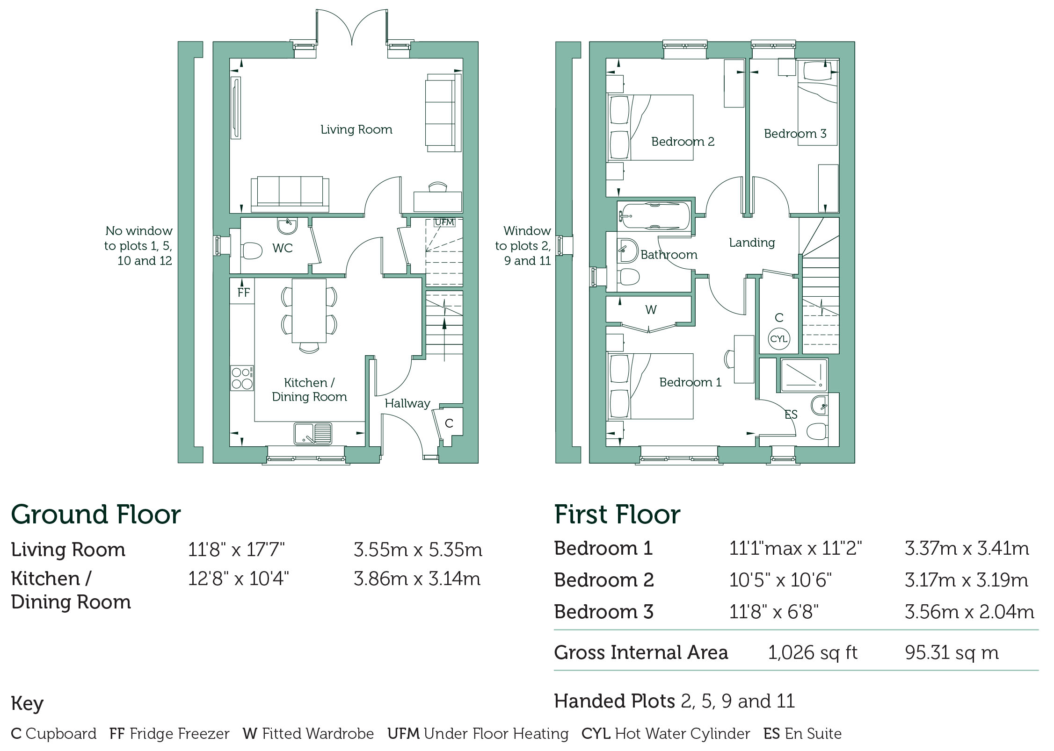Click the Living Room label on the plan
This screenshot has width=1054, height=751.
(356, 129)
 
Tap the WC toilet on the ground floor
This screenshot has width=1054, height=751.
(252, 250)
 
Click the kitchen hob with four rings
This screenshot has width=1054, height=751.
(242, 378)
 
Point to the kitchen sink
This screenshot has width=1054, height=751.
(313, 433)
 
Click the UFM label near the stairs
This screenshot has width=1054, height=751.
(444, 222)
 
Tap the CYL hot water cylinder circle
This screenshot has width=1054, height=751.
(778, 339)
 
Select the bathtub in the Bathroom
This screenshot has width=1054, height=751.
(654, 216)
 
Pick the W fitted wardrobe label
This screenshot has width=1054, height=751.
(651, 309)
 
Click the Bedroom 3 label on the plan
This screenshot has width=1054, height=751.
(795, 134)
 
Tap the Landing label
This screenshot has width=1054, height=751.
(752, 243)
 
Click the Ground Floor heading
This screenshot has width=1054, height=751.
(96, 515)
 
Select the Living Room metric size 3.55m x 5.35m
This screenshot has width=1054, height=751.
(418, 550)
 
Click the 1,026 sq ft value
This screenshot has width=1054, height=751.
(813, 652)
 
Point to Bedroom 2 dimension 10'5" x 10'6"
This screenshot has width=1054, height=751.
(780, 580)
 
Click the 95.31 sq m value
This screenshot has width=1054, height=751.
(952, 652)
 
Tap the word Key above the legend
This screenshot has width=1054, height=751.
(27, 703)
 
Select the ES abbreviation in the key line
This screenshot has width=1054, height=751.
(771, 734)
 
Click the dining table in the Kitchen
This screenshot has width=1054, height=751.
(309, 311)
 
